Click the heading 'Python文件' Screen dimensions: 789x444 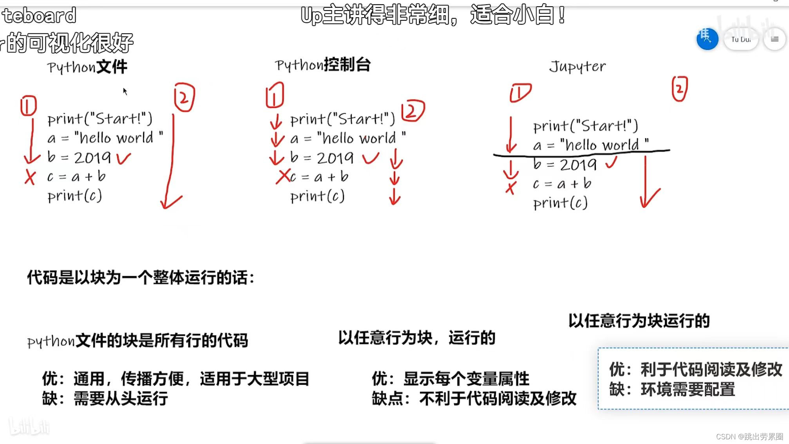pyautogui.click(x=87, y=67)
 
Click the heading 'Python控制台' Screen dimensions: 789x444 pyautogui.click(x=323, y=65)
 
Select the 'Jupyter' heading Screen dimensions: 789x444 pyautogui.click(x=577, y=66)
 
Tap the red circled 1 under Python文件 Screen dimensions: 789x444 pyautogui.click(x=28, y=106)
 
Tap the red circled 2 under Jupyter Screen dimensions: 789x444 pyautogui.click(x=680, y=89)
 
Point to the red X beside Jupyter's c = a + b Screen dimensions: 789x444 pyautogui.click(x=510, y=188)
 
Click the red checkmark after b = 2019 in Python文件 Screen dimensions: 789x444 pyautogui.click(x=123, y=158)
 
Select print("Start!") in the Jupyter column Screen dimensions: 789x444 pyautogui.click(x=585, y=126)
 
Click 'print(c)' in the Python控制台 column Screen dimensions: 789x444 pyautogui.click(x=317, y=196)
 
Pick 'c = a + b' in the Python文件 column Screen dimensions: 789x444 pyautogui.click(x=76, y=177)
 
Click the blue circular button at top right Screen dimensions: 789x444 pyautogui.click(x=707, y=39)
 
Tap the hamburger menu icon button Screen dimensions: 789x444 pyautogui.click(x=775, y=39)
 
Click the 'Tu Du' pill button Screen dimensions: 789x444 pyautogui.click(x=740, y=39)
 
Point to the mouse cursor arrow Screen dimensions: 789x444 pyautogui.click(x=125, y=92)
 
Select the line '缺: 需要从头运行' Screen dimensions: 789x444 pyautogui.click(x=105, y=399)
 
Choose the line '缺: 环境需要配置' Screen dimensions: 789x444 pyautogui.click(x=672, y=390)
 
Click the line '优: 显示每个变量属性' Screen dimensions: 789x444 pyautogui.click(x=451, y=379)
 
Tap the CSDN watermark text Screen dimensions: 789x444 pyautogui.click(x=749, y=437)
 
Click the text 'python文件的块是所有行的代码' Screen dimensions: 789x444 pyautogui.click(x=138, y=341)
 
